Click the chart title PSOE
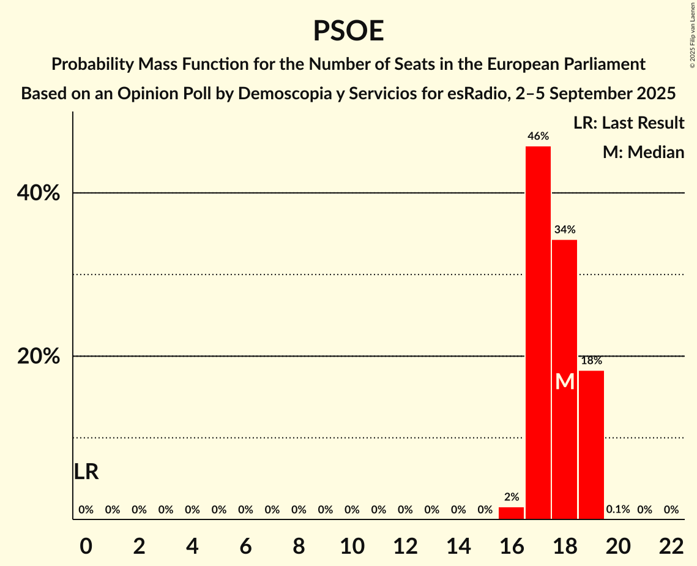click(348, 31)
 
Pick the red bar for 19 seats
click(591, 445)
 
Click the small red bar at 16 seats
click(511, 513)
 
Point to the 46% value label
click(538, 137)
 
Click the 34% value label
click(564, 230)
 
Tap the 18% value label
click(591, 361)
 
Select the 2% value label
click(511, 497)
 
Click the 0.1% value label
click(618, 510)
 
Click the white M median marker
click(564, 382)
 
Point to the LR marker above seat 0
click(86, 472)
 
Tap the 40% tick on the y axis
click(39, 194)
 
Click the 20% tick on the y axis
click(39, 357)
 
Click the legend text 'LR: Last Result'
click(628, 123)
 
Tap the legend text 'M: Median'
click(643, 153)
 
